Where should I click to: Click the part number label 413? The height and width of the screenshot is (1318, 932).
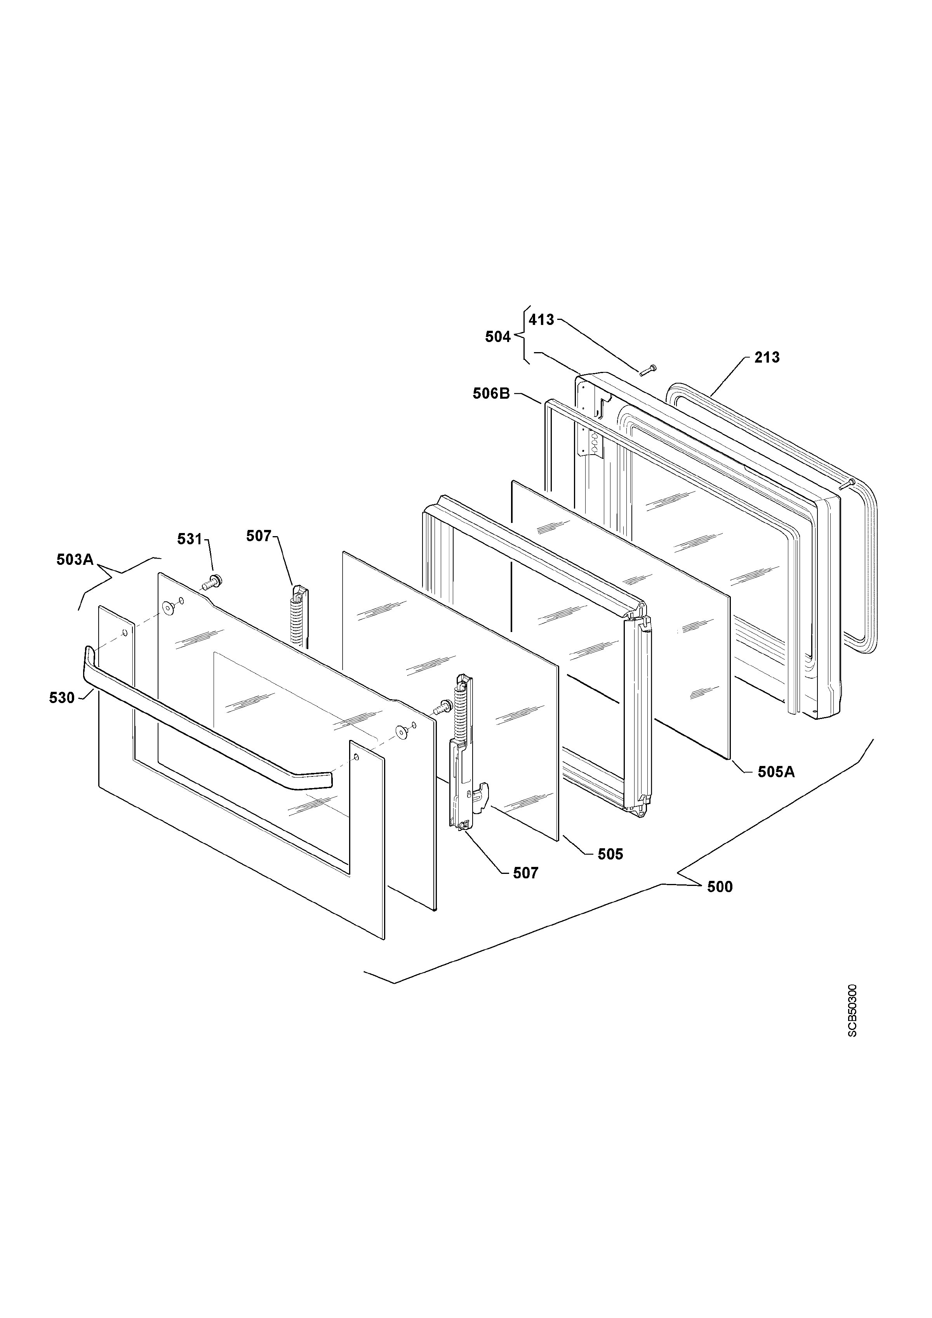tap(541, 320)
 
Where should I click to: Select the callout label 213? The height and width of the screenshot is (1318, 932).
tap(767, 358)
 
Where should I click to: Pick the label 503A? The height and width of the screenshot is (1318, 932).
tap(75, 560)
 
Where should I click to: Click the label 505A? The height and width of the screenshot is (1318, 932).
tap(776, 772)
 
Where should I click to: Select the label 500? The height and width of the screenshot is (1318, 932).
tap(720, 887)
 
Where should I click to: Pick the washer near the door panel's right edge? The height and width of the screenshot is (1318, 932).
tap(402, 731)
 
